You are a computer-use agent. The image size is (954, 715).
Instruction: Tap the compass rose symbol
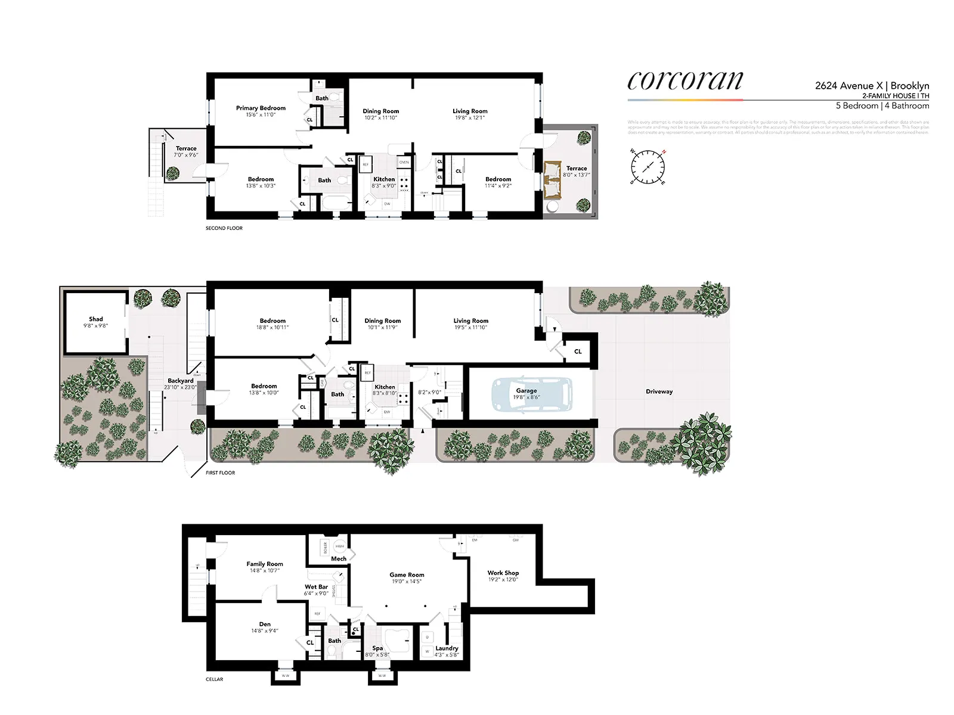648,166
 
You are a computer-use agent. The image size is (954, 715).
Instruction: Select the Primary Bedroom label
261,108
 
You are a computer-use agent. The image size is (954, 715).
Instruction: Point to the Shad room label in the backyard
95,319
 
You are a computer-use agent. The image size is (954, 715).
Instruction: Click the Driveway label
659,391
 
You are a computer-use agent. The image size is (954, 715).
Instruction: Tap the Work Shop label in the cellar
503,573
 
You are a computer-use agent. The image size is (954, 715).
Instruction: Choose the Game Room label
407,575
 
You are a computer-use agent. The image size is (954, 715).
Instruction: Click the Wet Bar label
316,587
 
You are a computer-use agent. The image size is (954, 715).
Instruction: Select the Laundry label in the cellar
447,648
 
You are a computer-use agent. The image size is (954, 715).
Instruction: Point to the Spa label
377,648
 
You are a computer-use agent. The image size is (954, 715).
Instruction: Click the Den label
265,624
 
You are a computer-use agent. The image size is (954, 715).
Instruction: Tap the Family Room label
265,564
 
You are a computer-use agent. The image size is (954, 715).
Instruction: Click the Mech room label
339,559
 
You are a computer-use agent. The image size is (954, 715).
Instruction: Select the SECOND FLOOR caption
224,228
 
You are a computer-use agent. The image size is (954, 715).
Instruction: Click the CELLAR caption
214,679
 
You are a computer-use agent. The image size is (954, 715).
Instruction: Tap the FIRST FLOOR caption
220,472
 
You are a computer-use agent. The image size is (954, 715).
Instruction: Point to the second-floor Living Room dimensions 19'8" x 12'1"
470,118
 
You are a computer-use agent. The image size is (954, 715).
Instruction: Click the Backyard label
180,381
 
